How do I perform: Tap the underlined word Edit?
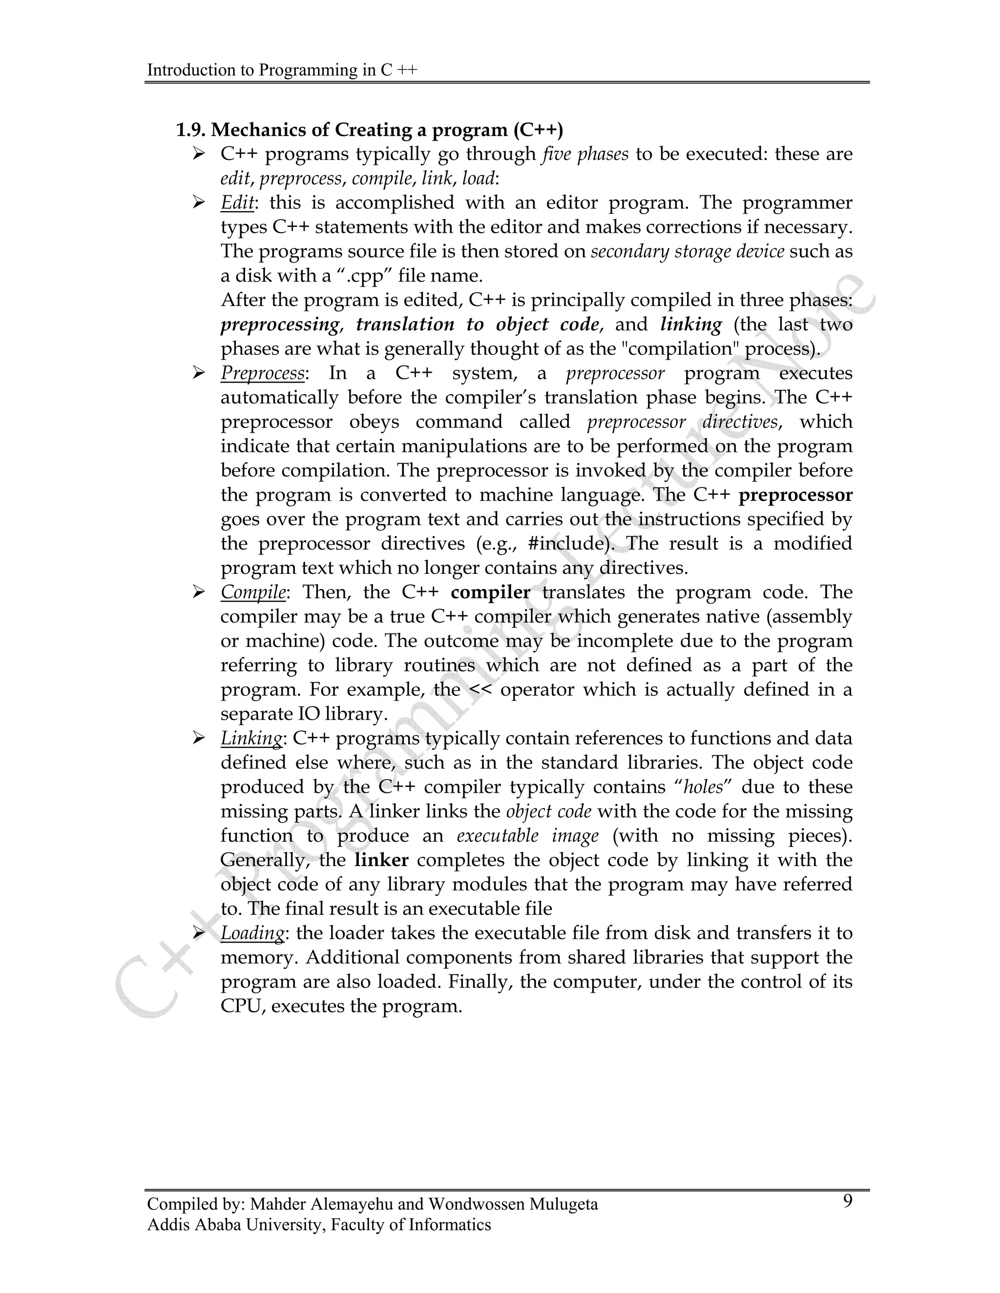click(237, 203)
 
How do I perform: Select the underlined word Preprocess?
click(262, 374)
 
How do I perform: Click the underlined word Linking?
click(251, 738)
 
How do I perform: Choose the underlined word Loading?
click(253, 933)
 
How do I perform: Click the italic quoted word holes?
click(703, 788)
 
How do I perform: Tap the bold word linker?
click(381, 860)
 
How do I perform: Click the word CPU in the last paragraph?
click(240, 1007)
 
